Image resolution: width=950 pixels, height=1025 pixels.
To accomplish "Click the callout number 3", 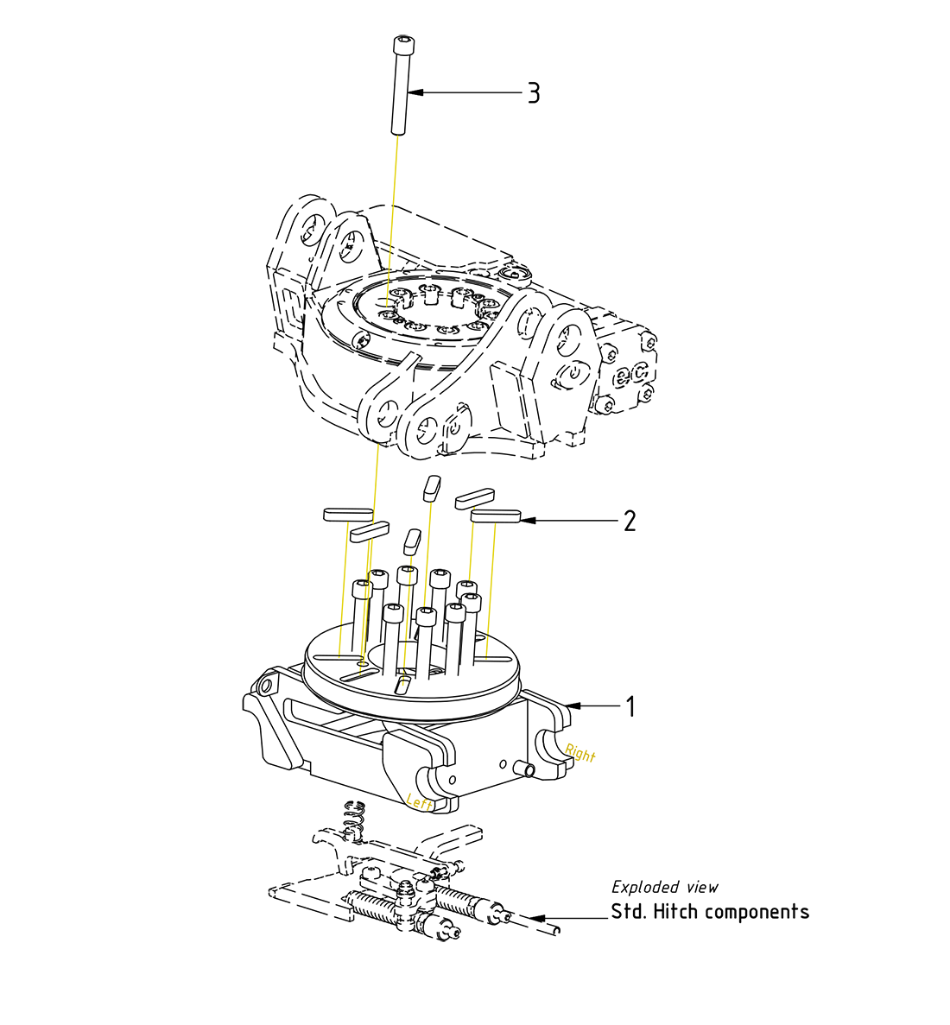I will (x=534, y=93).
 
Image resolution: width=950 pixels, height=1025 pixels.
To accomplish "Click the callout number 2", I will (x=630, y=521).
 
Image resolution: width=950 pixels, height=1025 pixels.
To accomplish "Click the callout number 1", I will (x=630, y=706).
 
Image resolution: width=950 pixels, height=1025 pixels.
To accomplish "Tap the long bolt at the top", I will (x=401, y=86).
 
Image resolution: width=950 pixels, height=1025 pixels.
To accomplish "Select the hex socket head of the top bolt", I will (x=402, y=42).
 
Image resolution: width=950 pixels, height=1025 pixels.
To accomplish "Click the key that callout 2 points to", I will (x=496, y=516).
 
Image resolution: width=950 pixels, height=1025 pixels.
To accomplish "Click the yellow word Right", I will (x=580, y=753).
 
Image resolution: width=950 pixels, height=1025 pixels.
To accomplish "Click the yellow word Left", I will (x=420, y=802).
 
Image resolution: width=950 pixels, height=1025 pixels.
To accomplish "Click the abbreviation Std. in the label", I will (x=630, y=911).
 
